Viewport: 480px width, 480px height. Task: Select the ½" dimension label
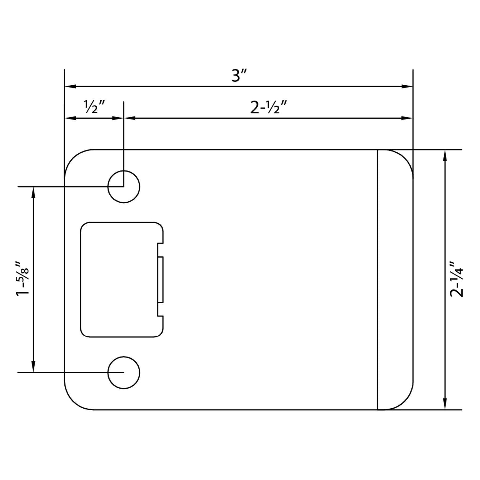(x=95, y=108)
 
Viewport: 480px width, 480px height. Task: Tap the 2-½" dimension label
(x=268, y=108)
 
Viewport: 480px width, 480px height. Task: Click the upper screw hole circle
(x=124, y=187)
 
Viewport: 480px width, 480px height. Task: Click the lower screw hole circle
(x=124, y=373)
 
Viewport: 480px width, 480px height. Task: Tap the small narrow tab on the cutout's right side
(x=160, y=280)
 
